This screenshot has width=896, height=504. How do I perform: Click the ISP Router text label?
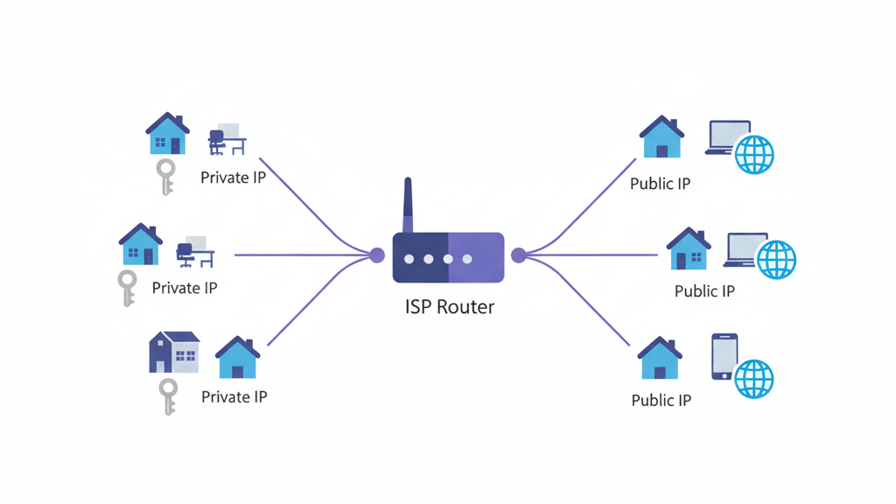[x=449, y=307]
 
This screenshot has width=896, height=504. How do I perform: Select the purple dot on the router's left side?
[x=377, y=255]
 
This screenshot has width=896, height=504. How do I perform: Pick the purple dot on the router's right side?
[x=518, y=255]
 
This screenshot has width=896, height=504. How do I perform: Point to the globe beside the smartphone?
[x=753, y=379]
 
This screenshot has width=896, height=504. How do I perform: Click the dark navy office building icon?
[x=173, y=352]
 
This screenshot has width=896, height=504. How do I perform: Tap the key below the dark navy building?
[x=167, y=396]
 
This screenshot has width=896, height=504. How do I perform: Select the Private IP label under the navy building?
[x=234, y=397]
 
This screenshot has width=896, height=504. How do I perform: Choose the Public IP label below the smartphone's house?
[x=661, y=400]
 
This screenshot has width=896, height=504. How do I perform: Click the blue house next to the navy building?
[x=237, y=358]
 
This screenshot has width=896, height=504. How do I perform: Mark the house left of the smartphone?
[x=660, y=359]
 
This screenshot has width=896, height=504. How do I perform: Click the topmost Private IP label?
[x=233, y=178]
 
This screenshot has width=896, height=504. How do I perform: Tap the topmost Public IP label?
[x=660, y=184]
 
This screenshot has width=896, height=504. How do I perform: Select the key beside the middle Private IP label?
[x=128, y=288]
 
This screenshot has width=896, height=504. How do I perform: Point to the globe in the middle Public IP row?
[x=776, y=259]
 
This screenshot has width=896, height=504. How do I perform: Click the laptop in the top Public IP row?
[x=728, y=137]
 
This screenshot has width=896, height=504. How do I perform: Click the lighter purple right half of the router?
[x=476, y=257]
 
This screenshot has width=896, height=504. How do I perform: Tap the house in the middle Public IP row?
[x=689, y=249]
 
